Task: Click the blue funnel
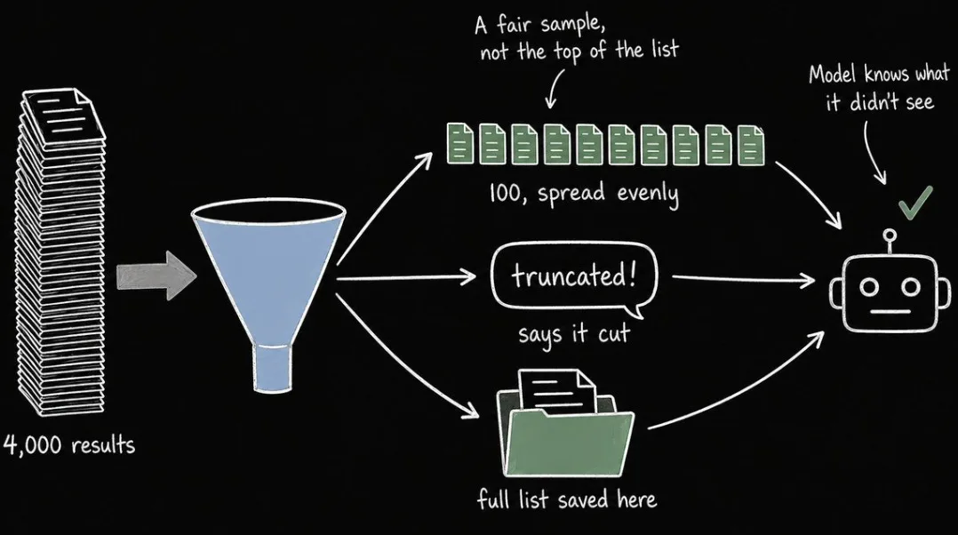(268, 275)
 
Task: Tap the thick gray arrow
(156, 276)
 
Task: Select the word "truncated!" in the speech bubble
(574, 275)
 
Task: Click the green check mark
(916, 203)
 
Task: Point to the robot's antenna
(890, 243)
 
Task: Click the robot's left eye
(870, 286)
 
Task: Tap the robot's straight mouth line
(890, 311)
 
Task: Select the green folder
(566, 430)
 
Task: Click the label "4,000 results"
(69, 444)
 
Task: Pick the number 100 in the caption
(505, 193)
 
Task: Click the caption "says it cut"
(574, 334)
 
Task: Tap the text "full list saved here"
(567, 499)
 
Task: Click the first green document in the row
(460, 143)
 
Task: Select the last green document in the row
(751, 146)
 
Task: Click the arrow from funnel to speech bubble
(406, 278)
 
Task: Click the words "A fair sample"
(539, 25)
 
